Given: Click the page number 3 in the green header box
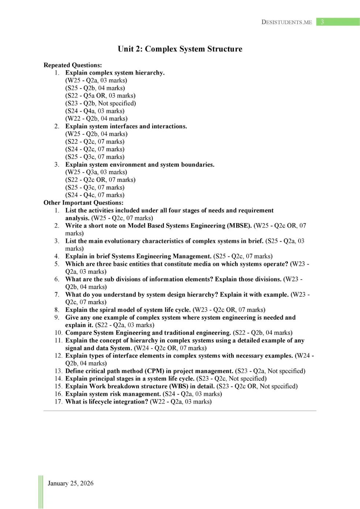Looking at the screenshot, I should [x=322, y=22].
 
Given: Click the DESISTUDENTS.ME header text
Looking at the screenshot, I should [x=286, y=22].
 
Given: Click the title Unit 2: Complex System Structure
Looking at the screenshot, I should [x=180, y=49].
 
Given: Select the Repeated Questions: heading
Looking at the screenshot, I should [x=72, y=65].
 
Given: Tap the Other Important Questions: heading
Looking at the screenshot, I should [x=83, y=203].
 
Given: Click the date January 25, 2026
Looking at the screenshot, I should [x=71, y=483].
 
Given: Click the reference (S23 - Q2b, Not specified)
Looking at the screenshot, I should [x=101, y=103].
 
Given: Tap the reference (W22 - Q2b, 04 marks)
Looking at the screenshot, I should [x=97, y=119].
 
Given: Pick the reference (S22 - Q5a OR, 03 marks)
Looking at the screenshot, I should [x=100, y=96].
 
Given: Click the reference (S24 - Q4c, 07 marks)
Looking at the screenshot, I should [x=95, y=195].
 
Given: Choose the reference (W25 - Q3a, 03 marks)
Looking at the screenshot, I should [x=96, y=172].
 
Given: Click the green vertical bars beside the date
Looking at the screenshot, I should [x=41, y=492].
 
